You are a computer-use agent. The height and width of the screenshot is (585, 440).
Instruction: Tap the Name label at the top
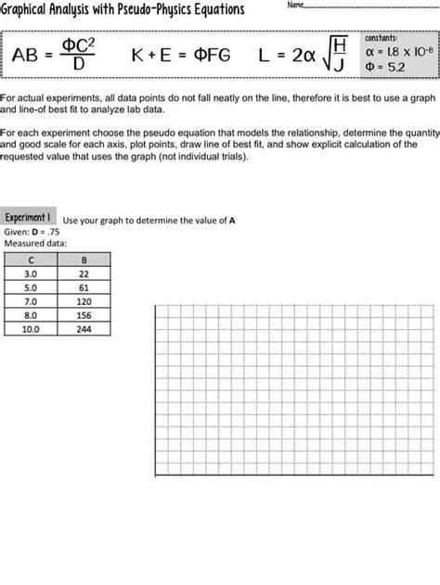point(296,6)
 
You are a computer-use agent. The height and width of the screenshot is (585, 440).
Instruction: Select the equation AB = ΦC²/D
point(55,55)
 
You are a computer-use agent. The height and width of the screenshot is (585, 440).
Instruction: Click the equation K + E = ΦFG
point(181,56)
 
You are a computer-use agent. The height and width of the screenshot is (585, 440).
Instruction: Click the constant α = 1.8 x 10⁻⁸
point(399,52)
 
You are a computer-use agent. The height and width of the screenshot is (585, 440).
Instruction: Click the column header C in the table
point(31,261)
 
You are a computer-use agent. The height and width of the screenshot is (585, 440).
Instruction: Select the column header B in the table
point(84,261)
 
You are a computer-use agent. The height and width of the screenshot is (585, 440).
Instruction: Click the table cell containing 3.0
point(31,274)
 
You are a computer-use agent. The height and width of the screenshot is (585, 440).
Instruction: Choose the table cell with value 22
point(84,274)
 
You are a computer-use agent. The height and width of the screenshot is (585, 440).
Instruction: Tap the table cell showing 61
point(84,287)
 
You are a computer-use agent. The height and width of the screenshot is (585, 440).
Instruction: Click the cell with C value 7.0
point(31,301)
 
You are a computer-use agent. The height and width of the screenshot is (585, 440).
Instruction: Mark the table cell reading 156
point(84,314)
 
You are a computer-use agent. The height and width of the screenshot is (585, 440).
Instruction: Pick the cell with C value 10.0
point(31,328)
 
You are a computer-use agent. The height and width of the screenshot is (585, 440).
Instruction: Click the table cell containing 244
point(84,328)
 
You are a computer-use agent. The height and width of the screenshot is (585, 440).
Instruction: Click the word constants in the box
point(382,38)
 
